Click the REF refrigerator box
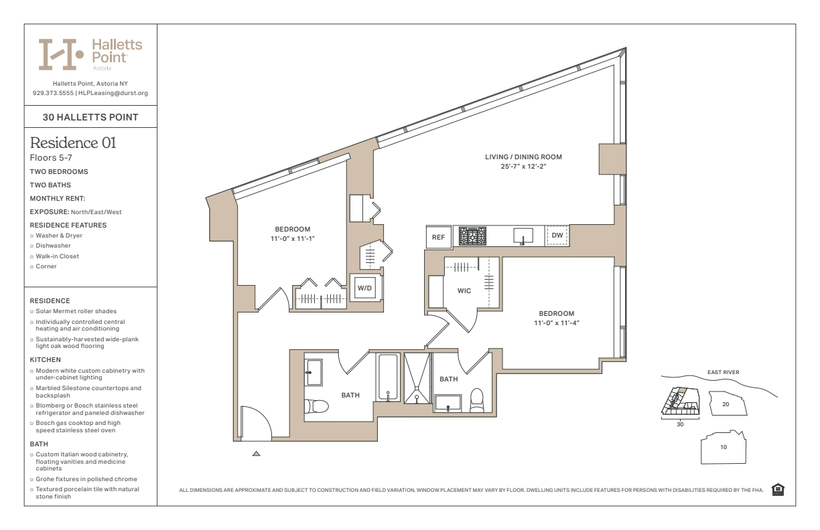pos(439,237)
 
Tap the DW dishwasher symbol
pos(557,236)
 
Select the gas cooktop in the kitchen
pos(472,236)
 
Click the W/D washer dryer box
pos(364,288)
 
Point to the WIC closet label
pos(464,291)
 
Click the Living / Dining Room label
pos(523,157)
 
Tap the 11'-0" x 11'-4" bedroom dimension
pos(557,323)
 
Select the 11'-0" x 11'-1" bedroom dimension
pos(293,239)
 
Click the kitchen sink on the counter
pos(523,236)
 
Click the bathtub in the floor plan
pos(388,377)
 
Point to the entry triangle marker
pos(256,454)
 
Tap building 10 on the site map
pos(724,447)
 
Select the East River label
pos(723,372)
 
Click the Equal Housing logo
pos(778,490)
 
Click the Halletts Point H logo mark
pos(61,54)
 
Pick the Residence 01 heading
pos(73,143)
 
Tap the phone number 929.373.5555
pos(53,93)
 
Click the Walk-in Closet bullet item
pos(57,256)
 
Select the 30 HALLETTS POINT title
pos(90,117)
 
